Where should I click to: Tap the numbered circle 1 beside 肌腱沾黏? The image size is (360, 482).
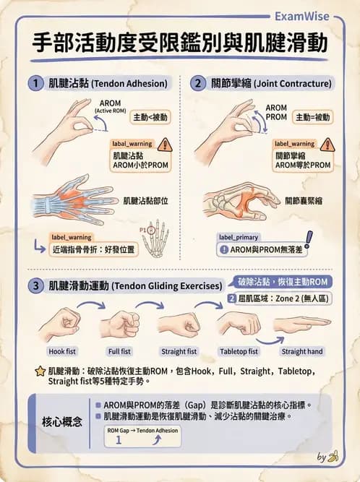34,83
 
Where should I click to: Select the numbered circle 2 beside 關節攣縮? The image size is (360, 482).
198,83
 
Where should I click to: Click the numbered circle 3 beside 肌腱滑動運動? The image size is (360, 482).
34,285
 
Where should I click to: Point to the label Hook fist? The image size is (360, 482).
62,352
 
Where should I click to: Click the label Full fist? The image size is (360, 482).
119,352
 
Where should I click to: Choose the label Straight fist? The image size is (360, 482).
179,352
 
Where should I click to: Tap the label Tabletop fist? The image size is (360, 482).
239,352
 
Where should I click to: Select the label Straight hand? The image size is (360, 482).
302,352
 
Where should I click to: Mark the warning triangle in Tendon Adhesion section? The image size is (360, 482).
165,145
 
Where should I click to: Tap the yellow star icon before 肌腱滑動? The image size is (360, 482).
40,371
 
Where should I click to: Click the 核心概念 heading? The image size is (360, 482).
62,420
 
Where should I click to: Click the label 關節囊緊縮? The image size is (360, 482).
304,200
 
